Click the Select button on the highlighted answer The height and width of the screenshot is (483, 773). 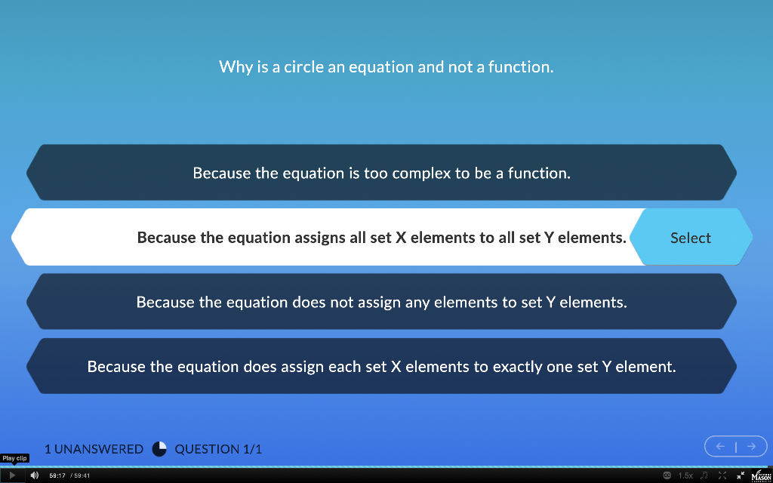point(690,238)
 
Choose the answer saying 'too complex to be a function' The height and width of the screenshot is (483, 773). point(381,173)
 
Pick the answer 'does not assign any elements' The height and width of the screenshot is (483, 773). point(381,302)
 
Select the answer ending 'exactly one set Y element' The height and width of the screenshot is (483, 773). point(381,367)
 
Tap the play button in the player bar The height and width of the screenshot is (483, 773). point(12,475)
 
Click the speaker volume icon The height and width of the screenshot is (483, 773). point(34,475)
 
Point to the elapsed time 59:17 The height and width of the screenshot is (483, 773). point(57,475)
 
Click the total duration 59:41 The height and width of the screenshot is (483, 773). point(82,475)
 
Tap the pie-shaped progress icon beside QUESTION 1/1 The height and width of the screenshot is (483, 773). point(159,449)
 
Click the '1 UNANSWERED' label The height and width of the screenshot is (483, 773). point(94,449)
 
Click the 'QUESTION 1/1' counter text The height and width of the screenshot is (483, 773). point(218,449)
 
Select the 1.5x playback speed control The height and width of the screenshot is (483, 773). point(685,475)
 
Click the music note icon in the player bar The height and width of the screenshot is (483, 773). point(704,475)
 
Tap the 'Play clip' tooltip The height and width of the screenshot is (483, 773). point(14,458)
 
